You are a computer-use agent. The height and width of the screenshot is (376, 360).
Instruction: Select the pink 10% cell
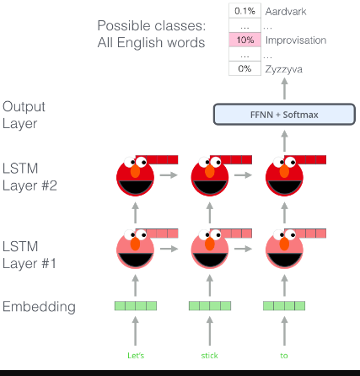(244, 40)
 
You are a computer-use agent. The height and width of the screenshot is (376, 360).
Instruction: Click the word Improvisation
(295, 40)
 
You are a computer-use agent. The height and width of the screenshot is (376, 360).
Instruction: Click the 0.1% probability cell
(244, 11)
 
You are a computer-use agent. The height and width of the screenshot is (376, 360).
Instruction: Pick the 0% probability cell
(244, 68)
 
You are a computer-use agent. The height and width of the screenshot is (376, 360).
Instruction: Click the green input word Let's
(136, 356)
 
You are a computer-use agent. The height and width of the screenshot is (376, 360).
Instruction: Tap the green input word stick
(209, 356)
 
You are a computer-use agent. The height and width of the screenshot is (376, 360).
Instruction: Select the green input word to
(284, 356)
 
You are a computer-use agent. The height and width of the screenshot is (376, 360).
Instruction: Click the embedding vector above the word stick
(210, 305)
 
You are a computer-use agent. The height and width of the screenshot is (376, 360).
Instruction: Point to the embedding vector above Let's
(136, 305)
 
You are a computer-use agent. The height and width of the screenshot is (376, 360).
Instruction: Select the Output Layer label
(24, 115)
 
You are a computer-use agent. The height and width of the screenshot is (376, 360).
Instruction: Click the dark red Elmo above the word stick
(210, 179)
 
